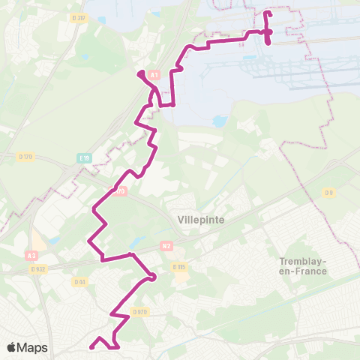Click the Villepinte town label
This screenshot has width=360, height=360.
click(202, 220)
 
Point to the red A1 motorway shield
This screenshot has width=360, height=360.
click(154, 75)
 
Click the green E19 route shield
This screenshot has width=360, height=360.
click(85, 157)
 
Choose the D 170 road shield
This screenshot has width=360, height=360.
click(119, 191)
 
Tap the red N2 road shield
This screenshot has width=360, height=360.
click(167, 244)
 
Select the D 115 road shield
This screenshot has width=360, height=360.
click(178, 267)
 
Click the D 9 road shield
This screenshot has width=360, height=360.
click(329, 193)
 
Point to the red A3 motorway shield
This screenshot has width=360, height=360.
click(31, 256)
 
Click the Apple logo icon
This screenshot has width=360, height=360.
click(12, 348)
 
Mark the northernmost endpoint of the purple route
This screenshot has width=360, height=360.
click(268, 13)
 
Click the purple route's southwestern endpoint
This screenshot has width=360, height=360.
click(91, 346)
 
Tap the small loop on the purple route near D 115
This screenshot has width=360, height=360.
click(152, 277)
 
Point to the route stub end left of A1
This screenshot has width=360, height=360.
click(139, 73)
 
